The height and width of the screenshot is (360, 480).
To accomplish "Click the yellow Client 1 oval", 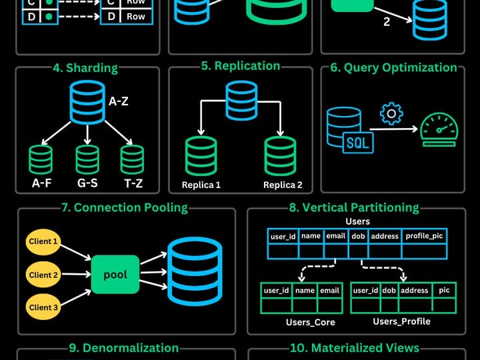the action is (43, 242).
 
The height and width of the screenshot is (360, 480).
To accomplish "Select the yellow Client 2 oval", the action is (43, 275).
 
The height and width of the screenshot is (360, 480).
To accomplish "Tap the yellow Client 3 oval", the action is (43, 307).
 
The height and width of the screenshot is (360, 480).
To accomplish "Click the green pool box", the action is (115, 275).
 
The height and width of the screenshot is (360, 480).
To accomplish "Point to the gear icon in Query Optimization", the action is (391, 114).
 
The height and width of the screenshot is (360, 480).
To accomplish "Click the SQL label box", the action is (358, 143).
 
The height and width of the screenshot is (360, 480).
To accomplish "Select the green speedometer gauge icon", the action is (439, 130).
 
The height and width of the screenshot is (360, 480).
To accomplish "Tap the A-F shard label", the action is (41, 183).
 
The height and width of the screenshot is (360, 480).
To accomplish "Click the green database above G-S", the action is (87, 159).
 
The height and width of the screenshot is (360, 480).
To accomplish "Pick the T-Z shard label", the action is (133, 183).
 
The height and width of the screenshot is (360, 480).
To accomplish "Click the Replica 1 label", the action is (201, 185).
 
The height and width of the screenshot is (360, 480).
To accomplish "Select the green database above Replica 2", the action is (280, 156).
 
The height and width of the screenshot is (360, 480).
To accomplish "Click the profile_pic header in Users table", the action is (424, 236).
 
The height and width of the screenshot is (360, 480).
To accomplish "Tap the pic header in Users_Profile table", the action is (444, 290).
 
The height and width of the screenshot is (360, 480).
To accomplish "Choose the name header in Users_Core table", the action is (305, 291).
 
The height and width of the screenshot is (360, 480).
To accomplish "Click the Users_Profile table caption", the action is (401, 321).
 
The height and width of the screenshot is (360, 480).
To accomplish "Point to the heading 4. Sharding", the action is (85, 68).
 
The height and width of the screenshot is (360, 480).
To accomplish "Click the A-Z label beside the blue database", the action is (119, 101).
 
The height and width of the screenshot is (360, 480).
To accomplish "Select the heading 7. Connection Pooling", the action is (125, 207).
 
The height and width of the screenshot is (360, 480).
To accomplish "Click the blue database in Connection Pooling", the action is (195, 271).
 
